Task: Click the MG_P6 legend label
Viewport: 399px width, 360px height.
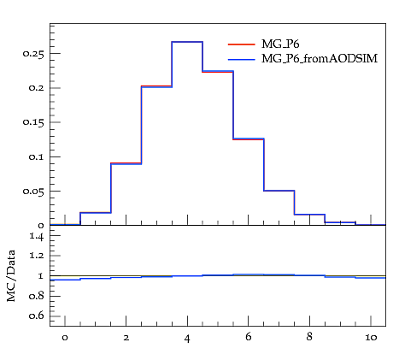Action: (x=280, y=44)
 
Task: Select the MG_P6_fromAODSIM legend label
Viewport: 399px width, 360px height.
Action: (x=320, y=59)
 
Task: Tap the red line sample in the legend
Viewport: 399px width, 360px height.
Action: (x=242, y=44)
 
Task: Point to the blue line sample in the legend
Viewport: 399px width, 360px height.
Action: (x=242, y=59)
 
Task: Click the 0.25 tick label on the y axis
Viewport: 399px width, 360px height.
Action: (x=33, y=54)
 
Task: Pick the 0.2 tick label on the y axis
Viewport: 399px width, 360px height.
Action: (x=36, y=88)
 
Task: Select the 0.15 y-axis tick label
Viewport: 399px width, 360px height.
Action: (x=33, y=122)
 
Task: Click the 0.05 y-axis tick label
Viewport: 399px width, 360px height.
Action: (x=33, y=192)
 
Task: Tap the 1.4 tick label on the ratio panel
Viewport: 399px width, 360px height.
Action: (x=37, y=236)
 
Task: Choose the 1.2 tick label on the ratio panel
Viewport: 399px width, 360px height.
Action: (x=37, y=256)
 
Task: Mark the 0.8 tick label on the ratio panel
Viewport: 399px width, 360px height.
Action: (x=37, y=296)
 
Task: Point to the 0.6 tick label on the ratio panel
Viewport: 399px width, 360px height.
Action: (x=37, y=316)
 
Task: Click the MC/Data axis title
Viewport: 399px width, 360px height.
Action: (x=11, y=276)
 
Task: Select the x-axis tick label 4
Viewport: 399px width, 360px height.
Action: (x=187, y=339)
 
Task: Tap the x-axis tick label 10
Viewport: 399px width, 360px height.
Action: (x=371, y=338)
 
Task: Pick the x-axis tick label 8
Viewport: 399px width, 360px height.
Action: (x=309, y=337)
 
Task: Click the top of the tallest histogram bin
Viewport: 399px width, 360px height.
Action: (x=187, y=42)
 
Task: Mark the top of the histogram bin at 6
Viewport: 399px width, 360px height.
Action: (x=249, y=139)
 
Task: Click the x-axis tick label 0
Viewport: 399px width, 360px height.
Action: (x=65, y=338)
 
